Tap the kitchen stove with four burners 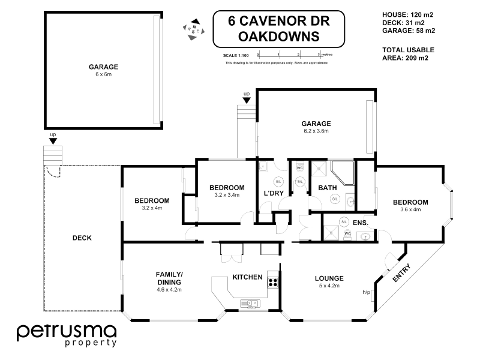point(273,281)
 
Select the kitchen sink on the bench point(250,302)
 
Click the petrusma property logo point(66,335)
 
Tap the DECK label point(82,238)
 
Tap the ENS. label point(361,223)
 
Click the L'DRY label point(274,193)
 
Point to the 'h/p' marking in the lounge point(366,292)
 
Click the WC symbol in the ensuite point(347,234)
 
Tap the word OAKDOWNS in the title point(279,36)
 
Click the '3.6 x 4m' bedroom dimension point(410,209)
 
